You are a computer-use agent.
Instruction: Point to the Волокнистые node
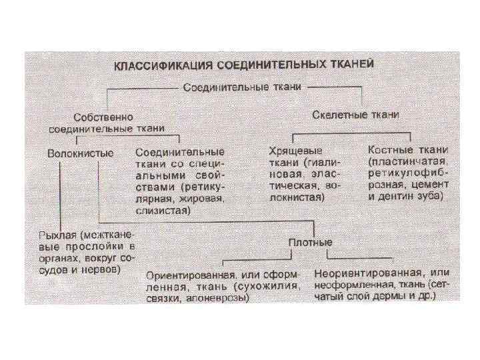[81, 153]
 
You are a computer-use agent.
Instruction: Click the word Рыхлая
[57, 236]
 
